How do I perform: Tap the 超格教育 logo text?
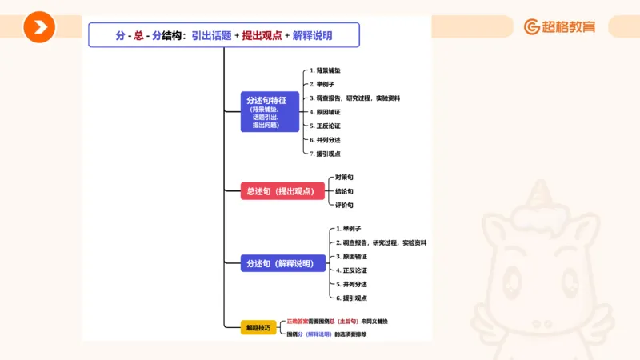(569, 27)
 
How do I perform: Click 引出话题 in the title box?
(211, 35)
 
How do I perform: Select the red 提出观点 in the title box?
(262, 35)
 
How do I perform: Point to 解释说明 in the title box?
(312, 35)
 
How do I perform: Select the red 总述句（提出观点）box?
(282, 191)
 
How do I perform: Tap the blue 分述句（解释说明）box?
(282, 263)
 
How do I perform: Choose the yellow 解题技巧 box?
(258, 327)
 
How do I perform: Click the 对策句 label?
(344, 177)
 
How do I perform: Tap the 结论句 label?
(344, 191)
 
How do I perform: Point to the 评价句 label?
(344, 206)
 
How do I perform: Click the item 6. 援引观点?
(352, 298)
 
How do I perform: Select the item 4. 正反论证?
(352, 270)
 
